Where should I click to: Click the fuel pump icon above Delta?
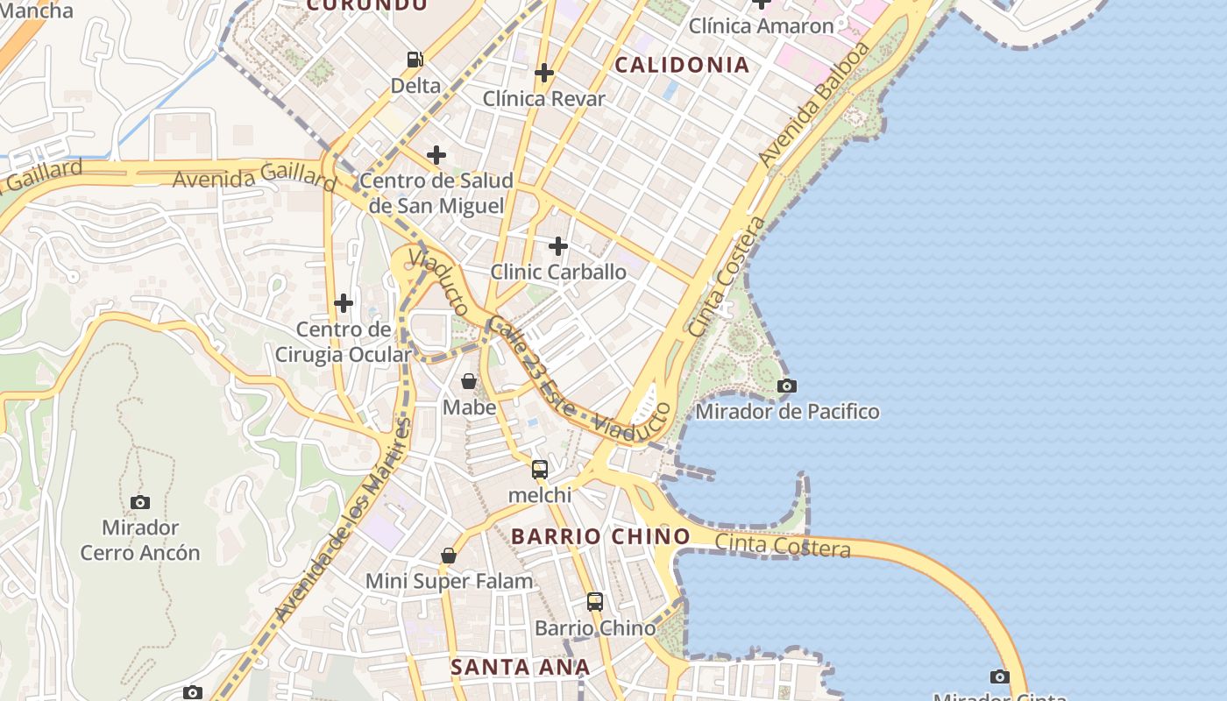pos(415,60)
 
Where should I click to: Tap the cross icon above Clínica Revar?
pos(544,73)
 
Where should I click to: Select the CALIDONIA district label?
pos(682,65)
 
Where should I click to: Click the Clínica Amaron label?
pos(761,26)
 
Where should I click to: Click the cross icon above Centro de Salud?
pos(436,156)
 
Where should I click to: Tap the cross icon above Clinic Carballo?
pos(557,246)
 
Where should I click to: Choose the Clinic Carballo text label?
pos(558,272)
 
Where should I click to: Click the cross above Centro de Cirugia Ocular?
pos(344,304)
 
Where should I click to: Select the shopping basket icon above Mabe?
pos(469,381)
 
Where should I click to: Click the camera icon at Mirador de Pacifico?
pos(787,386)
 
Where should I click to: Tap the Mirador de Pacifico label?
pos(787,411)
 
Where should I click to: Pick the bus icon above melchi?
pos(540,469)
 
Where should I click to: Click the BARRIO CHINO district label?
pos(600,536)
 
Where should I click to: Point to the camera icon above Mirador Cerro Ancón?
pos(140,502)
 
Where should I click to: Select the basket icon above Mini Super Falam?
pos(449,556)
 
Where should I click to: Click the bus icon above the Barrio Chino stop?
pos(595,602)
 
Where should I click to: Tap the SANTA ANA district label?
pos(520,667)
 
